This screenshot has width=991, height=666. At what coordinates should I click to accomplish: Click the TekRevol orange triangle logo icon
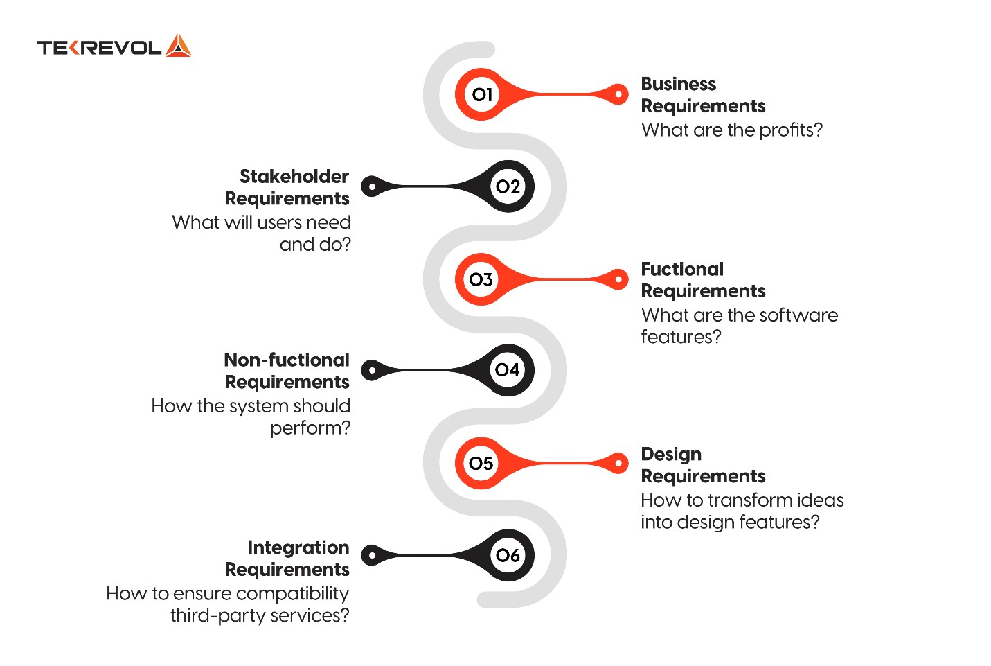(x=178, y=45)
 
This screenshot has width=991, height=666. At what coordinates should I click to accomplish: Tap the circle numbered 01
(x=481, y=94)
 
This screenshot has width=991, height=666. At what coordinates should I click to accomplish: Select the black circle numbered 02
(x=508, y=186)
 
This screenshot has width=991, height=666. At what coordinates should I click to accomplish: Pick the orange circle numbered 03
(x=481, y=279)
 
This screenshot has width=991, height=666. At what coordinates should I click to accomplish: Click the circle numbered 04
(x=508, y=370)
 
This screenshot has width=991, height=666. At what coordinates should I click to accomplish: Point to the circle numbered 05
(x=481, y=463)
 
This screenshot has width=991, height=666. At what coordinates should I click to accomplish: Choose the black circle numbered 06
(x=508, y=555)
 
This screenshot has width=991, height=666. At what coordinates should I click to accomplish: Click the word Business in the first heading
(x=678, y=84)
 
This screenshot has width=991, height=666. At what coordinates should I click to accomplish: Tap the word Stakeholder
(x=294, y=176)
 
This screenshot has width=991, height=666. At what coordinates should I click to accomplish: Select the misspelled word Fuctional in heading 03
(x=682, y=269)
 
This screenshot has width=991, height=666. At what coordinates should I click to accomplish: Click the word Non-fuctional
(x=287, y=360)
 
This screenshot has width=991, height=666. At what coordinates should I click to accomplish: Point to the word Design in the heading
(x=671, y=455)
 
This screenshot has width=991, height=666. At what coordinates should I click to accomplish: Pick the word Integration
(x=298, y=548)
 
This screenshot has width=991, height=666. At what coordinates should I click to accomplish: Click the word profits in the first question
(x=791, y=130)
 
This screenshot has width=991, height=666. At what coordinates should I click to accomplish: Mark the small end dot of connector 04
(x=372, y=370)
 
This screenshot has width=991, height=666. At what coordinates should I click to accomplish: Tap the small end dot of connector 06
(x=372, y=555)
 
